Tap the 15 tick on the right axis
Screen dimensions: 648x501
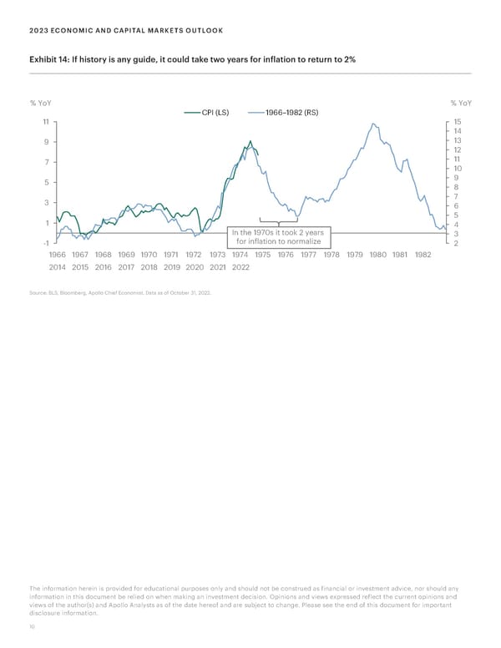click(x=457, y=122)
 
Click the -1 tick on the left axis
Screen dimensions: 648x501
click(x=46, y=243)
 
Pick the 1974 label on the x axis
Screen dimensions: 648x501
click(x=240, y=256)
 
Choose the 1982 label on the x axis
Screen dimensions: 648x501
click(x=422, y=256)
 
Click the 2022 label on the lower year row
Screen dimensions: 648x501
click(x=240, y=269)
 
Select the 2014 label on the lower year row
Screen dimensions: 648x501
click(x=58, y=269)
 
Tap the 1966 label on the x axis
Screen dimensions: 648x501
click(x=58, y=256)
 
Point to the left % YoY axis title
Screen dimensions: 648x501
click(x=40, y=104)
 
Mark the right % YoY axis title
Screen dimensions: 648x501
click(x=461, y=104)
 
